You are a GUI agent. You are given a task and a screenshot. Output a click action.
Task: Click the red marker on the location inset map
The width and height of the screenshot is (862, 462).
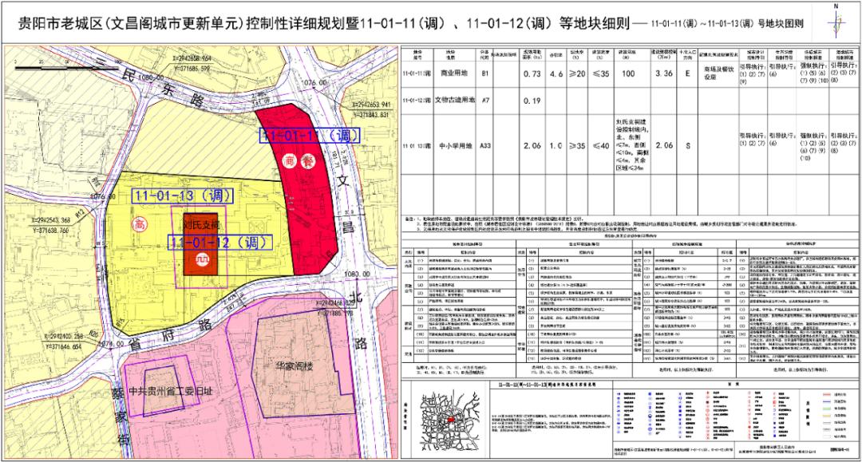click(452, 419)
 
